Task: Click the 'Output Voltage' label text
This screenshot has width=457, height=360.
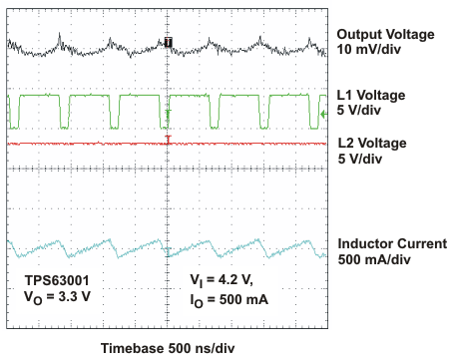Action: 386,34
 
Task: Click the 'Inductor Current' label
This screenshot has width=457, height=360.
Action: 392,244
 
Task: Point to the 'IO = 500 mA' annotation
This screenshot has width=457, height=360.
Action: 228,296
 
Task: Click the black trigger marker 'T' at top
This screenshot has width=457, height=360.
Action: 168,42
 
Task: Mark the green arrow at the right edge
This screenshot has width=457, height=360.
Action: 322,115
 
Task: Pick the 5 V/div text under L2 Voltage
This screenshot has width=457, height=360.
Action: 365,158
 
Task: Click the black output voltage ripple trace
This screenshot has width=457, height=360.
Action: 100,46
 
